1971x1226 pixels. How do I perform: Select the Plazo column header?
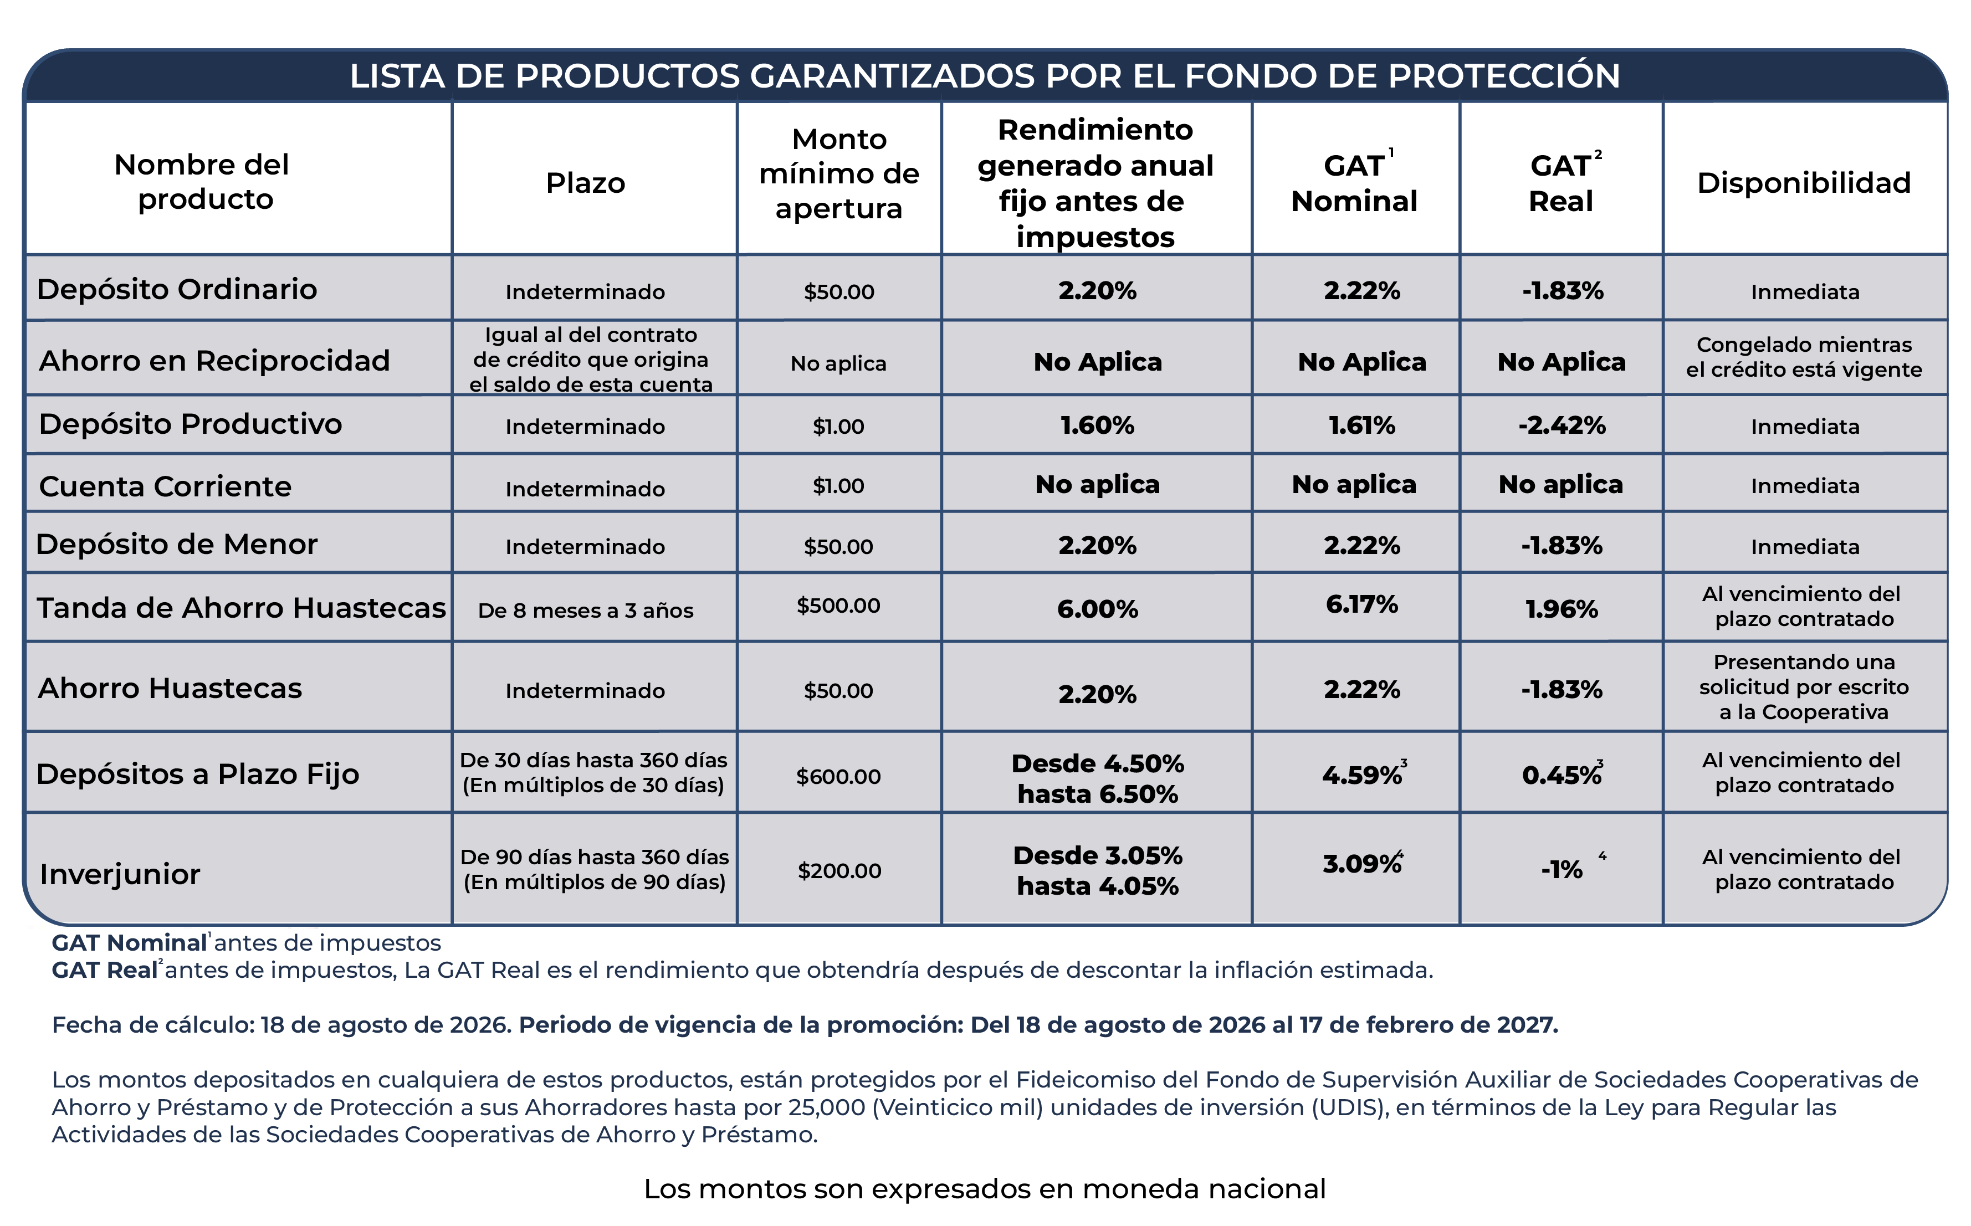pyautogui.click(x=585, y=183)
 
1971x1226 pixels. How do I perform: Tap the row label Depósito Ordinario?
pyautogui.click(x=177, y=290)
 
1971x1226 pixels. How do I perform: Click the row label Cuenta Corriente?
pyautogui.click(x=165, y=486)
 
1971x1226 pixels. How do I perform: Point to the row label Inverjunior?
pyautogui.click(x=120, y=874)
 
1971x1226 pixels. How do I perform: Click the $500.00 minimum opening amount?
pyautogui.click(x=838, y=606)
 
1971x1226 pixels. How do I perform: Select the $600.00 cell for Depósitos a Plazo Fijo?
pyautogui.click(x=838, y=777)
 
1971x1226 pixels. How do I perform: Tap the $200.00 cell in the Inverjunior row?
pyautogui.click(x=839, y=871)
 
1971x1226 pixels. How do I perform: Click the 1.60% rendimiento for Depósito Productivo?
pyautogui.click(x=1097, y=425)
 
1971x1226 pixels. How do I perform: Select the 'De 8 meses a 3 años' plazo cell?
pyautogui.click(x=585, y=611)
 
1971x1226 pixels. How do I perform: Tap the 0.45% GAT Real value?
pyautogui.click(x=1562, y=775)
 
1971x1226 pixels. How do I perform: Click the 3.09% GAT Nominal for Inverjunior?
pyautogui.click(x=1362, y=864)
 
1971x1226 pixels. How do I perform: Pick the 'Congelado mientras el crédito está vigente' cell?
pyautogui.click(x=1804, y=357)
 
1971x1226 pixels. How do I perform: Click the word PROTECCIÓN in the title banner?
pyautogui.click(x=1504, y=76)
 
